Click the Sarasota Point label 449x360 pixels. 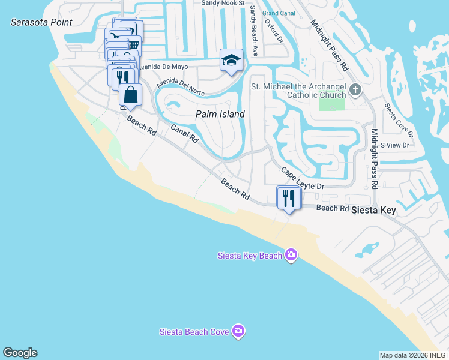click(x=41, y=22)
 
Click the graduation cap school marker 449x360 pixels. click(x=231, y=60)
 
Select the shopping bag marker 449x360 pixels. click(x=131, y=95)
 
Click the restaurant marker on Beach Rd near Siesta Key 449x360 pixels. click(x=289, y=198)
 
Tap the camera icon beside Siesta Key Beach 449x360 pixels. click(x=291, y=256)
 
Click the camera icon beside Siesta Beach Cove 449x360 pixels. click(x=239, y=331)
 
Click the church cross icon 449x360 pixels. click(x=355, y=90)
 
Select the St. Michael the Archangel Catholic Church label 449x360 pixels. click(x=298, y=91)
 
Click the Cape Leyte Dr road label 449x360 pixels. click(x=303, y=179)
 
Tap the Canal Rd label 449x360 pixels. click(x=184, y=133)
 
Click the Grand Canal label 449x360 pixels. click(x=279, y=13)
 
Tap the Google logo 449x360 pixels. click(x=20, y=353)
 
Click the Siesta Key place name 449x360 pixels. click(x=373, y=211)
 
